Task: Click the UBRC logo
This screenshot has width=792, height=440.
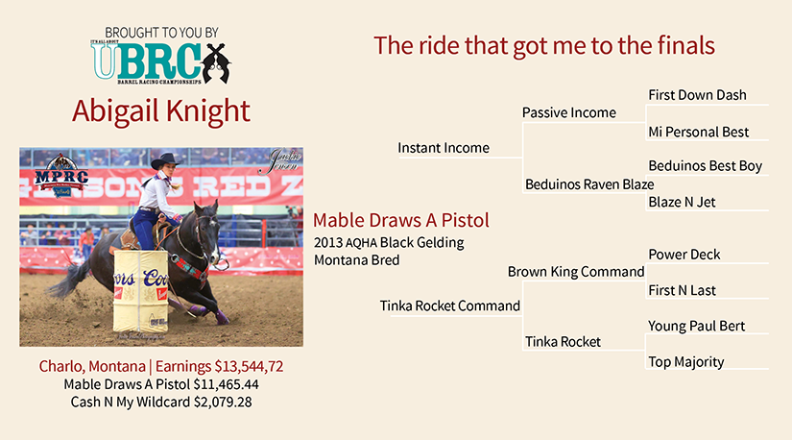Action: coord(160,61)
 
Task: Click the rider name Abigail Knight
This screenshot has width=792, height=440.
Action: coord(161,111)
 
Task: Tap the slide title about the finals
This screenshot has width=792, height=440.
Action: coord(544,45)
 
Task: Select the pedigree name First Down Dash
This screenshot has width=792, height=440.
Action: coord(697,95)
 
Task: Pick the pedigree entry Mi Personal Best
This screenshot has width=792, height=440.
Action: coord(699,132)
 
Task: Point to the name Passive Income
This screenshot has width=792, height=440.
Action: coord(568,112)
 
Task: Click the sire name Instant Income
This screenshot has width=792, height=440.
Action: coord(444,148)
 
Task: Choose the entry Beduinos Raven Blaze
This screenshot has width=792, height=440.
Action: coord(589,184)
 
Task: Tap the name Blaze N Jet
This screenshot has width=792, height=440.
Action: coord(682,203)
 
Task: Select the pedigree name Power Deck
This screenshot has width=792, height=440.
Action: coord(684,255)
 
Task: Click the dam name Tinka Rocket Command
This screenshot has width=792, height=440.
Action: coord(450,306)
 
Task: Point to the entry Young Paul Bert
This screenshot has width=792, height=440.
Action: coord(697,327)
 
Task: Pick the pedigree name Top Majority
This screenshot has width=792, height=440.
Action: coord(686,362)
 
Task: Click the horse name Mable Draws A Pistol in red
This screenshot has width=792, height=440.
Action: coord(401,221)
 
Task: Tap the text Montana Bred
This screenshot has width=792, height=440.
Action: coord(356,260)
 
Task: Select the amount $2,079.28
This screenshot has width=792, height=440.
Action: coord(223,403)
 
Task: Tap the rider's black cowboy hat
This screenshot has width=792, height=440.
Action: coord(166,160)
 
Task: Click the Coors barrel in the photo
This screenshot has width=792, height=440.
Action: coord(140,291)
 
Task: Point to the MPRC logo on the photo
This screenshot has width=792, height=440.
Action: coord(61,176)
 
